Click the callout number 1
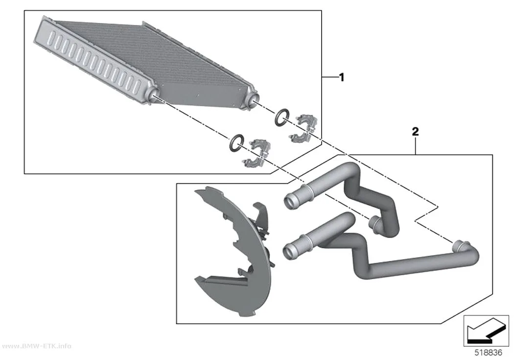342,77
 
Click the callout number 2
415,132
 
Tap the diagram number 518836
488,353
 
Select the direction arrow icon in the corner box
486,331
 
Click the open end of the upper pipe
290,200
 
